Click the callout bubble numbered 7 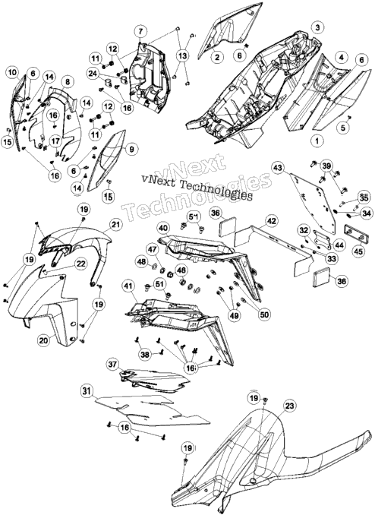click(x=140, y=32)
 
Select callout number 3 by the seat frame click(x=317, y=27)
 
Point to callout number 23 click(x=289, y=406)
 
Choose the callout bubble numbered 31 click(x=86, y=391)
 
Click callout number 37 click(x=112, y=365)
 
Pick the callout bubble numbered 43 click(x=278, y=168)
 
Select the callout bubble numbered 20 click(x=43, y=340)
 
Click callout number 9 click(x=131, y=150)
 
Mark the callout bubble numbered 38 click(x=145, y=355)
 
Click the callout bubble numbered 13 click(x=183, y=55)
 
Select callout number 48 click(x=142, y=262)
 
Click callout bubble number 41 click(x=128, y=286)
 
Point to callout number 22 click(x=80, y=264)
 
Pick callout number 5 click(x=343, y=128)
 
